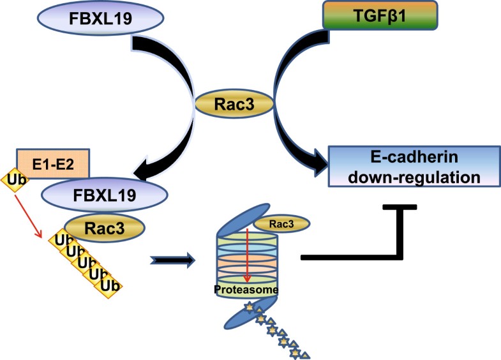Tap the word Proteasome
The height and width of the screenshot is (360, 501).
click(x=246, y=291)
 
